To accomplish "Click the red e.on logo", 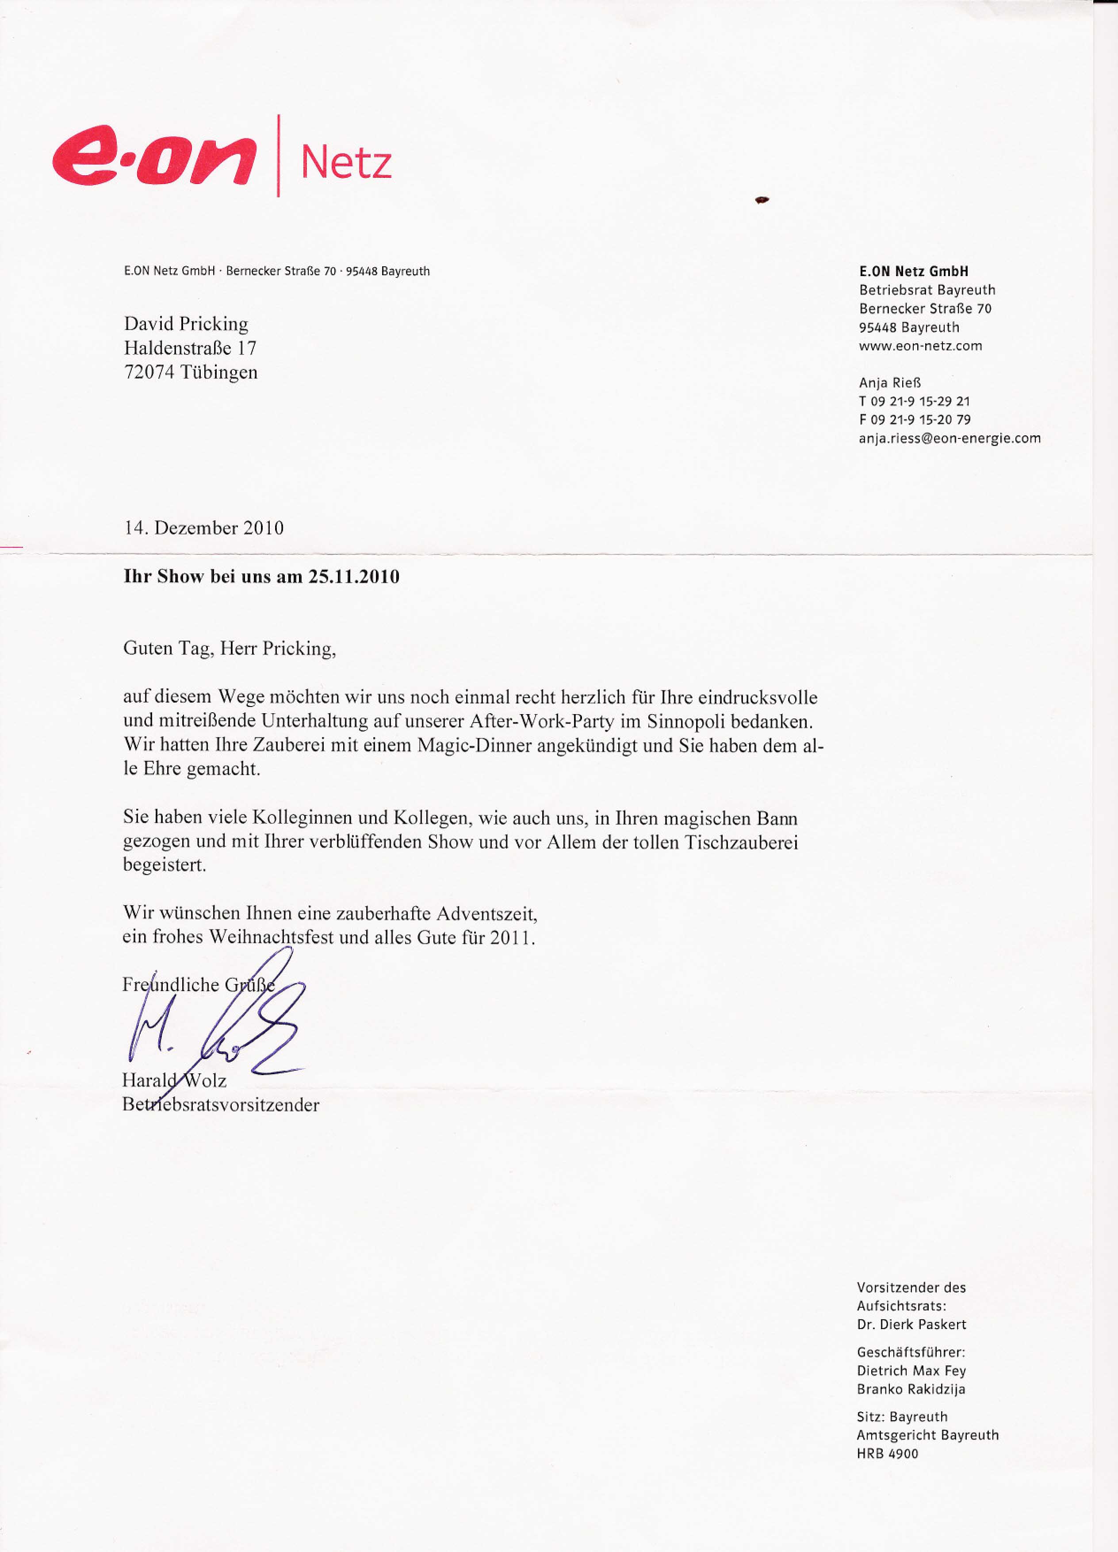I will (154, 156).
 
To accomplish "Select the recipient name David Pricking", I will (186, 324).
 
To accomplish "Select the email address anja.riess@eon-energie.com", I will (950, 438).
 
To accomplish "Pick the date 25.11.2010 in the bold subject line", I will (354, 577).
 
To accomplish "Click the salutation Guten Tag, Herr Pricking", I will (229, 648).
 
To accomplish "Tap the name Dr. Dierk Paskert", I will (911, 1324).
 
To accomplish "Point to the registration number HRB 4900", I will (888, 1453).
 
